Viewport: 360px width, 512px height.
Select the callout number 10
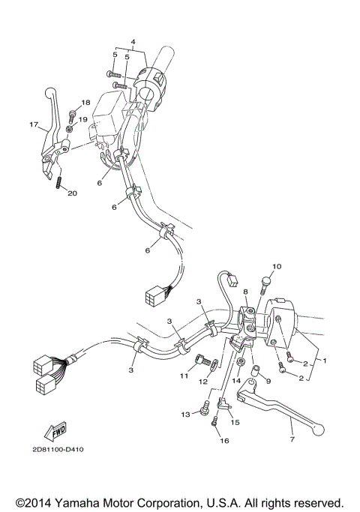276,267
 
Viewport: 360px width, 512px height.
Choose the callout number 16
223,441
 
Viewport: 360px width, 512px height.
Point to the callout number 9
268,382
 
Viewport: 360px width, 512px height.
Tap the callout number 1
325,361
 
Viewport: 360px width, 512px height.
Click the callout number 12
203,382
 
